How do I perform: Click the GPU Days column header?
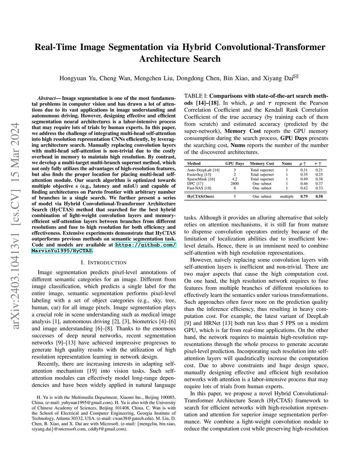click(x=234, y=164)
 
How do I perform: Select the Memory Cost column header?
click(x=262, y=164)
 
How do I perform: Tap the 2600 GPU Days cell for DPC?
click(x=234, y=184)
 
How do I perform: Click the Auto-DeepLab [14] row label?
click(x=203, y=170)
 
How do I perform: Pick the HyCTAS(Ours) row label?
click(x=201, y=196)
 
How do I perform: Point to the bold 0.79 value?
click(x=304, y=196)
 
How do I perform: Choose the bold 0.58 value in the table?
click(x=319, y=196)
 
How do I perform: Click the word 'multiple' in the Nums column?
click(x=287, y=196)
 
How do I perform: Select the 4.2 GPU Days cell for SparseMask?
click(x=234, y=179)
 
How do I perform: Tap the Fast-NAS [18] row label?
click(x=199, y=188)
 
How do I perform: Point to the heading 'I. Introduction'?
click(x=104, y=263)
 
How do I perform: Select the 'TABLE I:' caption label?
click(x=196, y=96)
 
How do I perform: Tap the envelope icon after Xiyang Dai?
click(x=296, y=77)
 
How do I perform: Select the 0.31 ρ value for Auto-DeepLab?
click(x=304, y=170)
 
